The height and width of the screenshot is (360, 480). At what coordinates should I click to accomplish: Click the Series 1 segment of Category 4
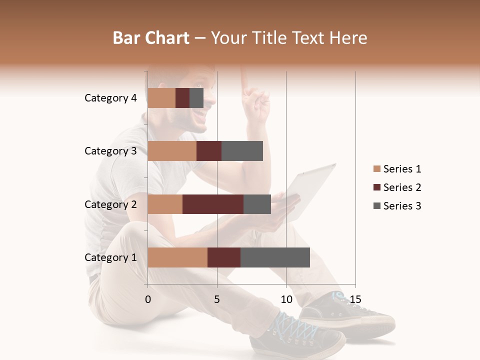[161, 98]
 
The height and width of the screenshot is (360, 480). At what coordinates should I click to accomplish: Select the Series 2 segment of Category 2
[213, 204]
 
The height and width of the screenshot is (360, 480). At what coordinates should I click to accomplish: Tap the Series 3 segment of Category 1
[275, 257]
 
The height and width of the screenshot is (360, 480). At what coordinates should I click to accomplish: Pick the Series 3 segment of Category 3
[242, 151]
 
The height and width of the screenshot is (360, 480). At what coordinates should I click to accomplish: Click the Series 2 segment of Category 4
[182, 98]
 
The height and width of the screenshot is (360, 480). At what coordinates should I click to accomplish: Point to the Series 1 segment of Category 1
[177, 257]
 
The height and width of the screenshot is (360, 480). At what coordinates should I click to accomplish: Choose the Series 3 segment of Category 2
[257, 204]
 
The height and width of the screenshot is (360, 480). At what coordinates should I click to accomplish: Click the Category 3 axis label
[110, 151]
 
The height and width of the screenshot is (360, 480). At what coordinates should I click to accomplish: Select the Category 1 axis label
[110, 257]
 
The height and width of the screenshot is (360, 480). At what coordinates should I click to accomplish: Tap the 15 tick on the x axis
[355, 299]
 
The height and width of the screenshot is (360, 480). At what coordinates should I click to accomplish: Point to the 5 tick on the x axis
[217, 299]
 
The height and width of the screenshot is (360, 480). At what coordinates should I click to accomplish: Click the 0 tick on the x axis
[148, 299]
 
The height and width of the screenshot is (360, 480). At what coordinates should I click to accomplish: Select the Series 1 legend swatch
[376, 169]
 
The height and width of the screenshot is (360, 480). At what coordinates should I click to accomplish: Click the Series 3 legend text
[402, 206]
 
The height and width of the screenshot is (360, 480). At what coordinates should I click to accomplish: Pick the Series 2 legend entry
[397, 187]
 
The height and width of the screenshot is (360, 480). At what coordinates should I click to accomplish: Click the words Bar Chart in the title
[151, 38]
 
